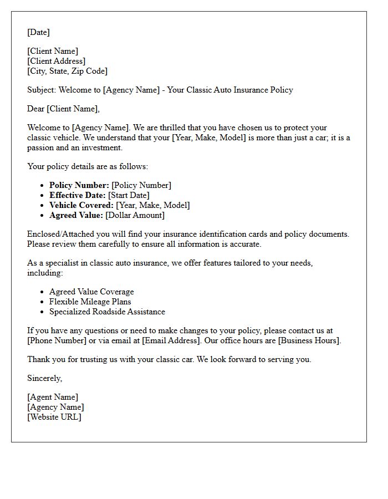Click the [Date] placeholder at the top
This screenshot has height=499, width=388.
(38, 32)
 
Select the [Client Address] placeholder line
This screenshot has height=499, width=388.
(57, 61)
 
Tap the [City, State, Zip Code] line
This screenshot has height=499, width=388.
(67, 71)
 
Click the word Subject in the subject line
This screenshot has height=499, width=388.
(41, 90)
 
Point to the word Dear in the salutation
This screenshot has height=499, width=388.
(36, 109)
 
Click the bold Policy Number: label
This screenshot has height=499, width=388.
(79, 185)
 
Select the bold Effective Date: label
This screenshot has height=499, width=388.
(77, 195)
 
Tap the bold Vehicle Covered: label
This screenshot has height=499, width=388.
(81, 205)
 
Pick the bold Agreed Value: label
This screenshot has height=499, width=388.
(76, 215)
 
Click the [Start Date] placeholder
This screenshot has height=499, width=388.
(129, 195)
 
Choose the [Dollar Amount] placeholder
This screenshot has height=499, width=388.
(135, 215)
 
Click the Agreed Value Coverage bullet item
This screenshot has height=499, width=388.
(91, 292)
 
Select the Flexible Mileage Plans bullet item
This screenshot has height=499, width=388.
(90, 302)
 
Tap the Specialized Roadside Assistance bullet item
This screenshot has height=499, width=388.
(107, 312)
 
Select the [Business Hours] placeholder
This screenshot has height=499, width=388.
(310, 340)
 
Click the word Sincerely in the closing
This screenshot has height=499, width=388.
(44, 378)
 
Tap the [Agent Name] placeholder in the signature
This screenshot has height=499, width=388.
(53, 397)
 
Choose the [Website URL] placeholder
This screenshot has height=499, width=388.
(54, 417)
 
